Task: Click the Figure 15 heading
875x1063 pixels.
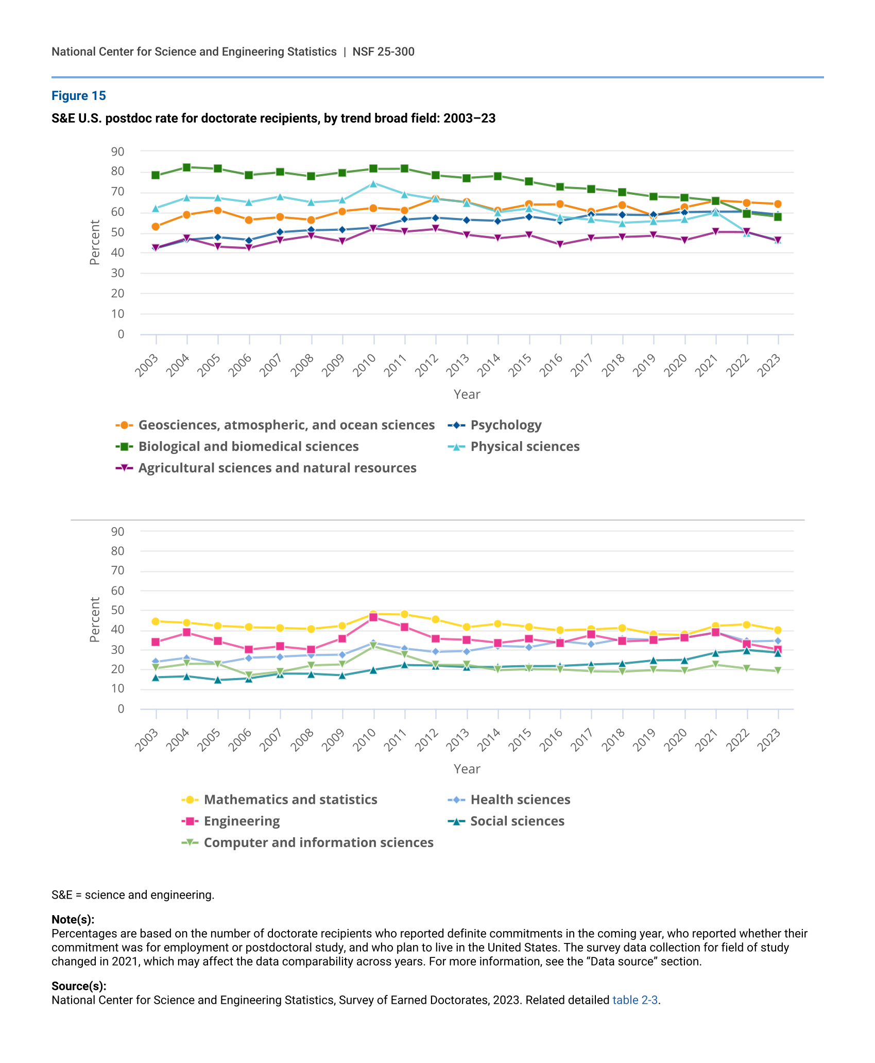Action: (x=78, y=96)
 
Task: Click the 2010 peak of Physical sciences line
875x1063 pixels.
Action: (x=373, y=183)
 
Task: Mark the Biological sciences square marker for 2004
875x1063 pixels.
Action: (x=187, y=167)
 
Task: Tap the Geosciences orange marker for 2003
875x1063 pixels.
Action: (x=156, y=227)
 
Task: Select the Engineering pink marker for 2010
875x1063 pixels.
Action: (x=373, y=617)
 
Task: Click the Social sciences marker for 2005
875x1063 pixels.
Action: (x=218, y=680)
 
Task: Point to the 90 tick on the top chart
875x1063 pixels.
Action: (x=117, y=151)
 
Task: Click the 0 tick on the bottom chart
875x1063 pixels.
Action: (x=121, y=709)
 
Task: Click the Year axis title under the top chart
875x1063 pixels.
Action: (x=467, y=395)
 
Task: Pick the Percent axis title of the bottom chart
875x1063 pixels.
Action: (x=95, y=620)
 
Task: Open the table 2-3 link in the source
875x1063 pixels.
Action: (x=635, y=1001)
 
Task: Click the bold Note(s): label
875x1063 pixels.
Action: (x=73, y=920)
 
